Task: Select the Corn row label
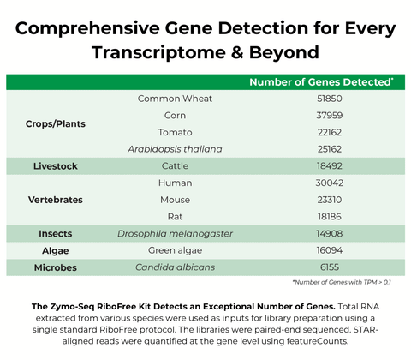point(175,115)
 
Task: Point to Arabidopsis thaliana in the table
point(175,149)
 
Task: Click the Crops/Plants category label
point(55,123)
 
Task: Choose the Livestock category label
point(55,166)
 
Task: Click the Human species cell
point(175,183)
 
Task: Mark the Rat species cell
point(175,217)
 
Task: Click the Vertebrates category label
point(55,200)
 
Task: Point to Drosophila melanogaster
point(175,234)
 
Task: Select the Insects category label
point(55,234)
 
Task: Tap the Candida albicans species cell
point(175,268)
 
